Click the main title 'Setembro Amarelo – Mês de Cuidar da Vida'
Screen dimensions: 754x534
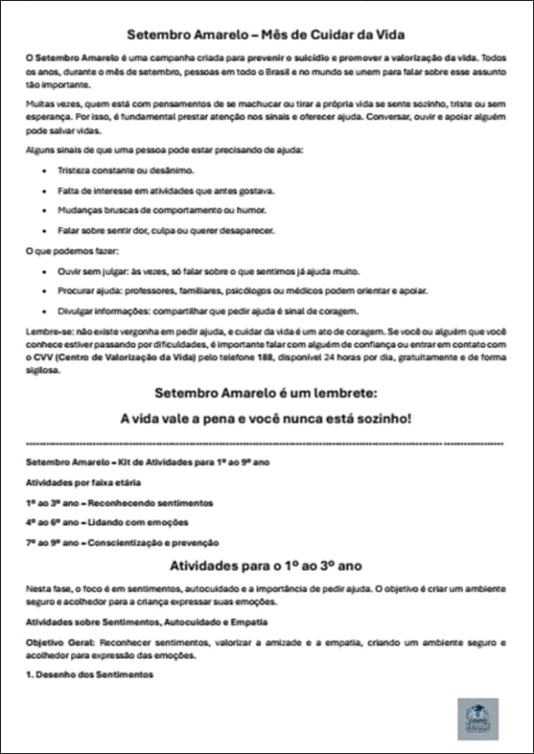coord(266,35)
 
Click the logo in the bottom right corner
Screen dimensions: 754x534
coord(478,719)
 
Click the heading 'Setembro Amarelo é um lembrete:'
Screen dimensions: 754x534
coord(266,393)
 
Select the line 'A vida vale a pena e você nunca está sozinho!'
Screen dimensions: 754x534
coord(266,418)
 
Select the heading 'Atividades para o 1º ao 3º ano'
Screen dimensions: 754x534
coord(266,565)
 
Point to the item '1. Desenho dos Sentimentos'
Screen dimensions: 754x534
coord(89,674)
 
